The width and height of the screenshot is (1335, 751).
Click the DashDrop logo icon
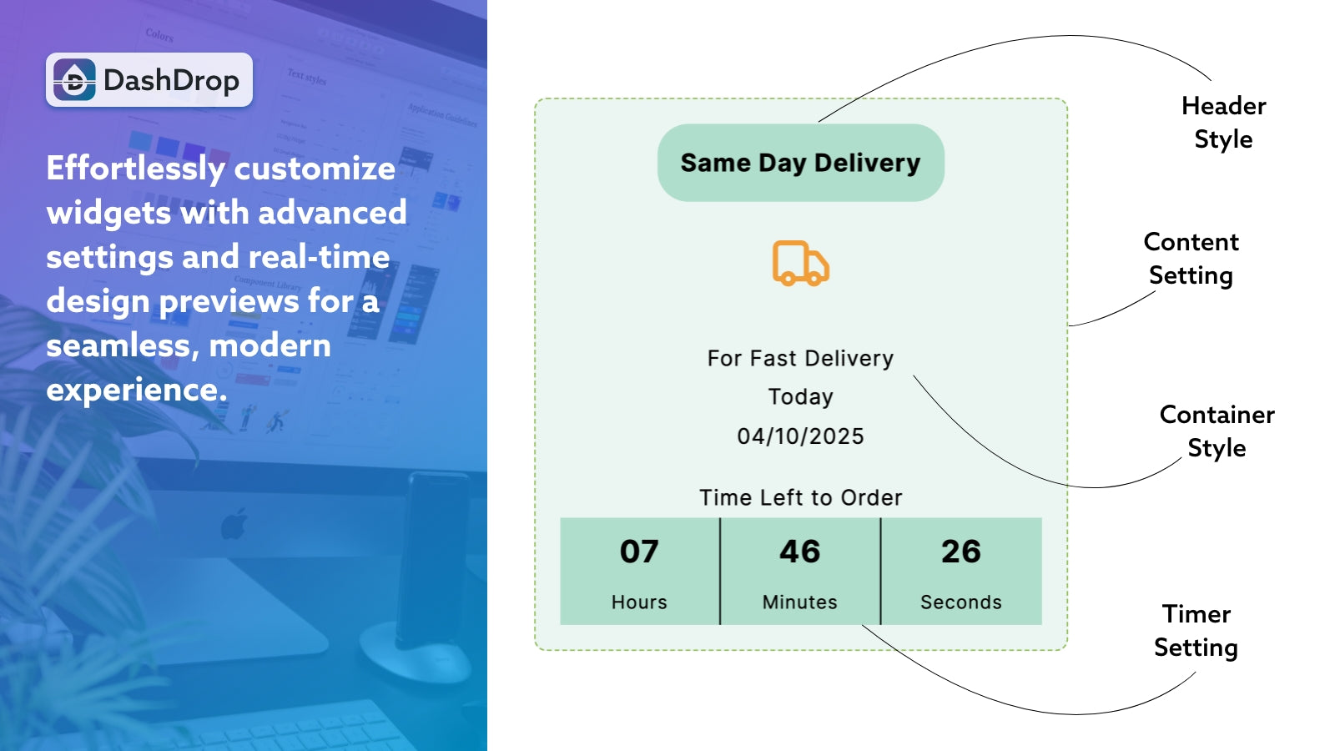tap(75, 80)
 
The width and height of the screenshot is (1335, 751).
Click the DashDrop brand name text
tap(171, 80)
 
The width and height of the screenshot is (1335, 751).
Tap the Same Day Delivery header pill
tap(800, 163)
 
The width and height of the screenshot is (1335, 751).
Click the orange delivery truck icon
tap(800, 264)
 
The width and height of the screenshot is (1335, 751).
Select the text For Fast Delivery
tap(800, 358)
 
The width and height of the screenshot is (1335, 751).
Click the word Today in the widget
tap(800, 396)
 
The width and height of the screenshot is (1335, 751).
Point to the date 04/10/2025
tap(800, 436)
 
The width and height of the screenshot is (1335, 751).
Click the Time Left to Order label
tap(800, 497)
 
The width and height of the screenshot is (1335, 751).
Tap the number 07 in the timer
tap(639, 552)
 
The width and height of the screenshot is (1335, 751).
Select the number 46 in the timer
tap(800, 552)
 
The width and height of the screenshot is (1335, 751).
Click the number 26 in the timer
tap(961, 552)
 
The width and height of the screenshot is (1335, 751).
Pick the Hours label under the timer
tap(639, 602)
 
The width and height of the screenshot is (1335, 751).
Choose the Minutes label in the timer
tap(799, 602)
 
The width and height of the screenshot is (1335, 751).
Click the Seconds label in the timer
tap(961, 602)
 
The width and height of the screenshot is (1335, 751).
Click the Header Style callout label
tap(1223, 123)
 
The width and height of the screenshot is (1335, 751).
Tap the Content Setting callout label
tap(1191, 259)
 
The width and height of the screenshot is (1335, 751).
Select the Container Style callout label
tap(1217, 431)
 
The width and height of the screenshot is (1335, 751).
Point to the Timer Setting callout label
tap(1196, 631)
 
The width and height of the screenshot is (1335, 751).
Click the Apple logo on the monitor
tap(234, 524)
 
